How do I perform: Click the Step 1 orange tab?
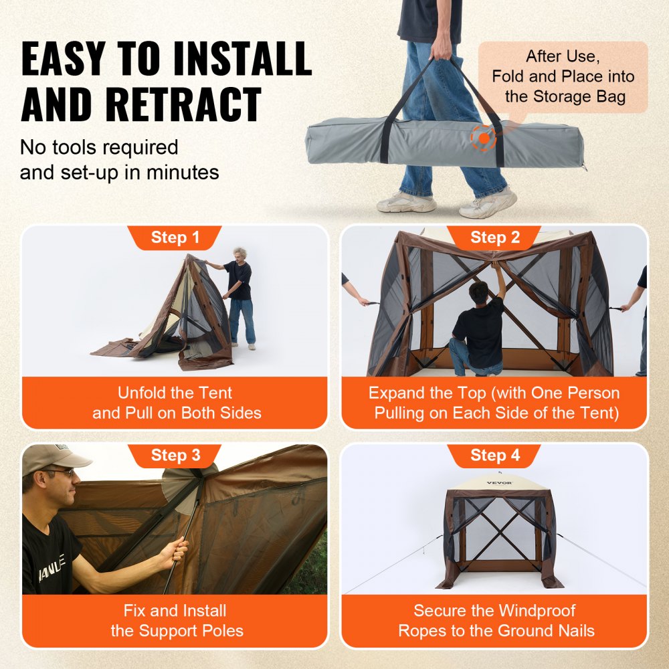[x=175, y=238]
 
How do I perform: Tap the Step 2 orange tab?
[x=494, y=238]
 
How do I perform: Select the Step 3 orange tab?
[x=175, y=456]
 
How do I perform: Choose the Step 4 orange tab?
[x=494, y=456]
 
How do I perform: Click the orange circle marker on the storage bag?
[x=482, y=138]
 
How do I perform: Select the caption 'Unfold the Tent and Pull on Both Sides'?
[x=175, y=403]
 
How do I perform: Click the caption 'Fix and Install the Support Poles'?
[x=175, y=620]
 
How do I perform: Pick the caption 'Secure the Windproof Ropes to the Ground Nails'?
[x=496, y=620]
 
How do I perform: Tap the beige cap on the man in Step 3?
[x=54, y=458]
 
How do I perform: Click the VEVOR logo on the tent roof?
[x=499, y=482]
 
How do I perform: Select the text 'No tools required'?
[x=98, y=147]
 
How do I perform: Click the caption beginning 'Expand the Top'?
[x=494, y=403]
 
